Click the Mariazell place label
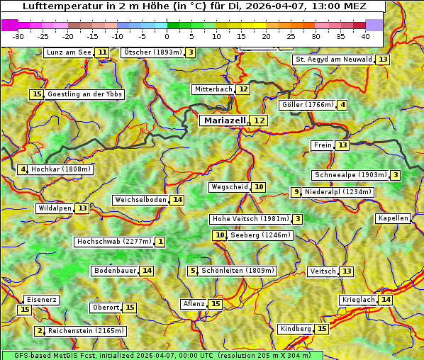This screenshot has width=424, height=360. (x=223, y=120)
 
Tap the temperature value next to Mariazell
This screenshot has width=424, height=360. (x=260, y=120)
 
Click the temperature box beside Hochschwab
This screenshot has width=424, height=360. (x=160, y=242)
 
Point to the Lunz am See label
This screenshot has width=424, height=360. (x=69, y=52)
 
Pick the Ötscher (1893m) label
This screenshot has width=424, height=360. (x=152, y=52)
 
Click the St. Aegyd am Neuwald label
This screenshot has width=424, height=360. (x=333, y=60)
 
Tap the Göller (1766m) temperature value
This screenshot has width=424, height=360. (x=342, y=105)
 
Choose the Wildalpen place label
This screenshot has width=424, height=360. (x=55, y=208)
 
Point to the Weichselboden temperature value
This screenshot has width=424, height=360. (x=177, y=200)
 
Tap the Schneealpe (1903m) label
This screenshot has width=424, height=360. (x=350, y=175)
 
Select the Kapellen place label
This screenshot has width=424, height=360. (x=393, y=218)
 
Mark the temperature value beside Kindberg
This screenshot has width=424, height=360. (x=322, y=329)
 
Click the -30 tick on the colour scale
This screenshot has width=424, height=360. (x=18, y=35)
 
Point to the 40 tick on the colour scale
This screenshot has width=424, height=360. (x=365, y=35)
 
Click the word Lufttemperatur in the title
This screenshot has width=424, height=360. (x=54, y=6)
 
